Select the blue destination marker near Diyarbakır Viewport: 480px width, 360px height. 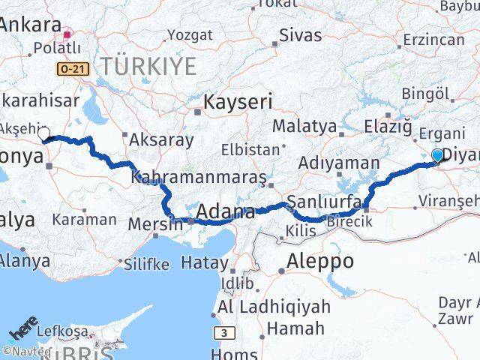438,155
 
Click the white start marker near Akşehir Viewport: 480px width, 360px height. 43,134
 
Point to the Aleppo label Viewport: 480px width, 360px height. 320,261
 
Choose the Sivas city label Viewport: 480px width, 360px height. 300,34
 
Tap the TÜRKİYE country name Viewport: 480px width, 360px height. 148,66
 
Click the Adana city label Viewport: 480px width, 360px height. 225,213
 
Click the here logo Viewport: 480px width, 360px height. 23,331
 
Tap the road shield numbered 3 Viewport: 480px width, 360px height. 222,332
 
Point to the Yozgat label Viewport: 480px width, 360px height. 190,34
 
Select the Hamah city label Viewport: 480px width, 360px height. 295,328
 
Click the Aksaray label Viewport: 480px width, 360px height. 162,139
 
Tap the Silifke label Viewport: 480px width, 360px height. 146,263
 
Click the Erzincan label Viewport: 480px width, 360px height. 433,39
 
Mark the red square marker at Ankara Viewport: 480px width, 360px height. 67,34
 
